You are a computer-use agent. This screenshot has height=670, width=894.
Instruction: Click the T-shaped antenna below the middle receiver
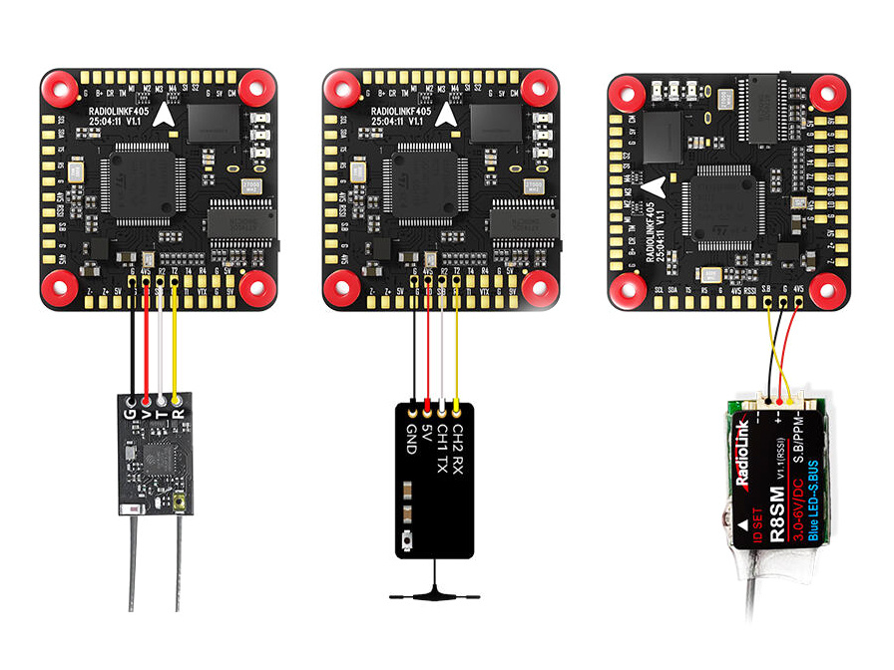click(430, 594)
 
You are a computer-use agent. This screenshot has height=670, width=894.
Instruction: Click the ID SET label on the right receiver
click(755, 524)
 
